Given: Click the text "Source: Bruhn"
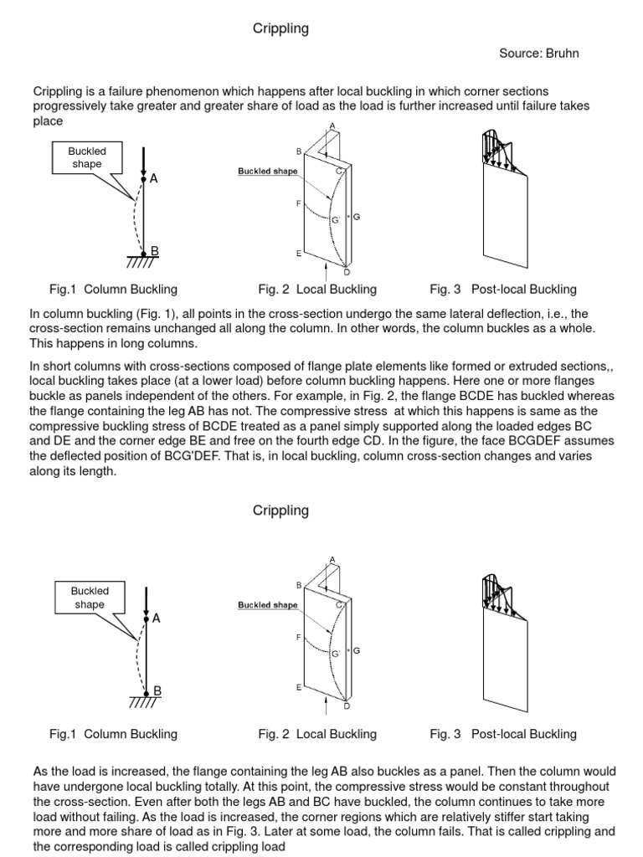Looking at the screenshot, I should point(538,54).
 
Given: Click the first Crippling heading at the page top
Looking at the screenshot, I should point(280,29).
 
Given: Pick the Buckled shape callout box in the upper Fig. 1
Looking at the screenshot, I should point(87,157).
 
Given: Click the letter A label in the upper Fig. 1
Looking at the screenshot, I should point(154,178).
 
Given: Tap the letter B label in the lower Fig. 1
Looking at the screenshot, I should point(154,690).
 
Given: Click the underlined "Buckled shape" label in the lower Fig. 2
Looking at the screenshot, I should point(267,605).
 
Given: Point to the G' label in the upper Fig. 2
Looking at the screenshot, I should point(335,219).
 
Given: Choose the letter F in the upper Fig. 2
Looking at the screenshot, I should point(298,203).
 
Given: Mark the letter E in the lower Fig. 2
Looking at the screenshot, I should point(298,686).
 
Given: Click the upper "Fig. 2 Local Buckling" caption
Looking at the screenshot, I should point(317,290).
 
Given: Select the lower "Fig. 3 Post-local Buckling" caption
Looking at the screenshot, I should point(503,734).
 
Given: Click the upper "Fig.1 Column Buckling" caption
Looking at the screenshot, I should point(113,290).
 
